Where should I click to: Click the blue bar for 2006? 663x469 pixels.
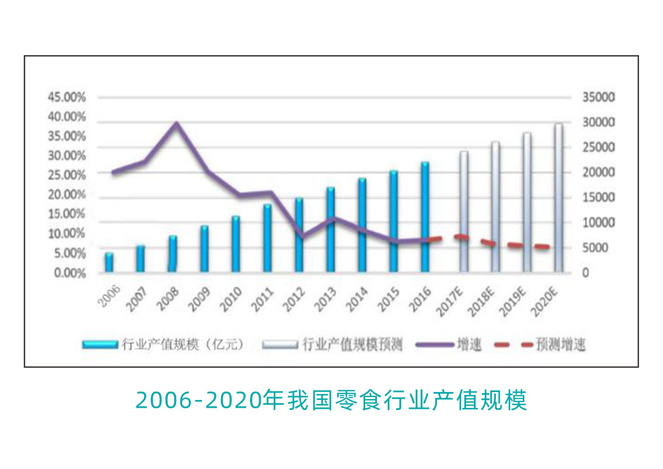[109, 263]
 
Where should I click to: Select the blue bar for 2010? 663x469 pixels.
[236, 244]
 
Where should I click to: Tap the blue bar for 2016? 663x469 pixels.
[425, 217]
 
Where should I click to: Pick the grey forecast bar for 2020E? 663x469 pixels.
[558, 198]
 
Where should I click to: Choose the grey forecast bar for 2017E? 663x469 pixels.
[463, 211]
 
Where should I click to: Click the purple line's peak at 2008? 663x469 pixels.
[176, 123]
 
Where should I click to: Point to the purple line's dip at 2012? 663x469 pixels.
[302, 237]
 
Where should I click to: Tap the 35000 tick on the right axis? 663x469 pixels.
[599, 98]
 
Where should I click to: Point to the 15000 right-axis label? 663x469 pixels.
[599, 198]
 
